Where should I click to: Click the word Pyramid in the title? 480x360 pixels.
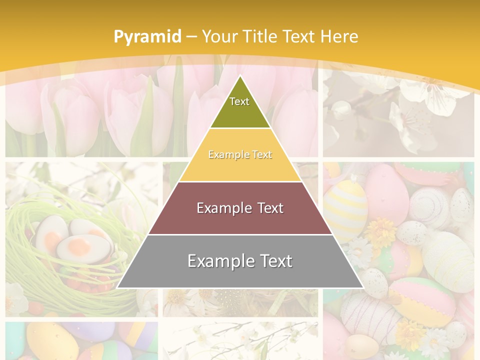pyautogui.click(x=147, y=36)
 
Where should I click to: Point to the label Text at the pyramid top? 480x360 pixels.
pyautogui.click(x=239, y=101)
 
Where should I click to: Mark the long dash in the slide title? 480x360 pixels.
pyautogui.click(x=192, y=36)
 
